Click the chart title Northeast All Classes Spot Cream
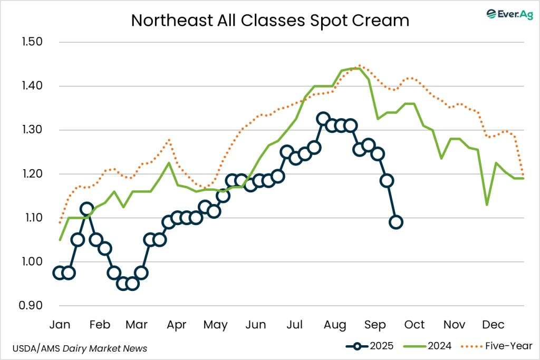(x=270, y=20)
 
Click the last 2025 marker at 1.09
(x=396, y=222)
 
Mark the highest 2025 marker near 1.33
(x=323, y=119)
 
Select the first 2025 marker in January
(x=59, y=273)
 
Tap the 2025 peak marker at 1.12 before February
(x=87, y=209)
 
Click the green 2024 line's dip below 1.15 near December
(x=486, y=205)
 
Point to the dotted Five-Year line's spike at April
(x=169, y=140)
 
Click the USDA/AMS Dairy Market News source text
(x=80, y=348)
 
